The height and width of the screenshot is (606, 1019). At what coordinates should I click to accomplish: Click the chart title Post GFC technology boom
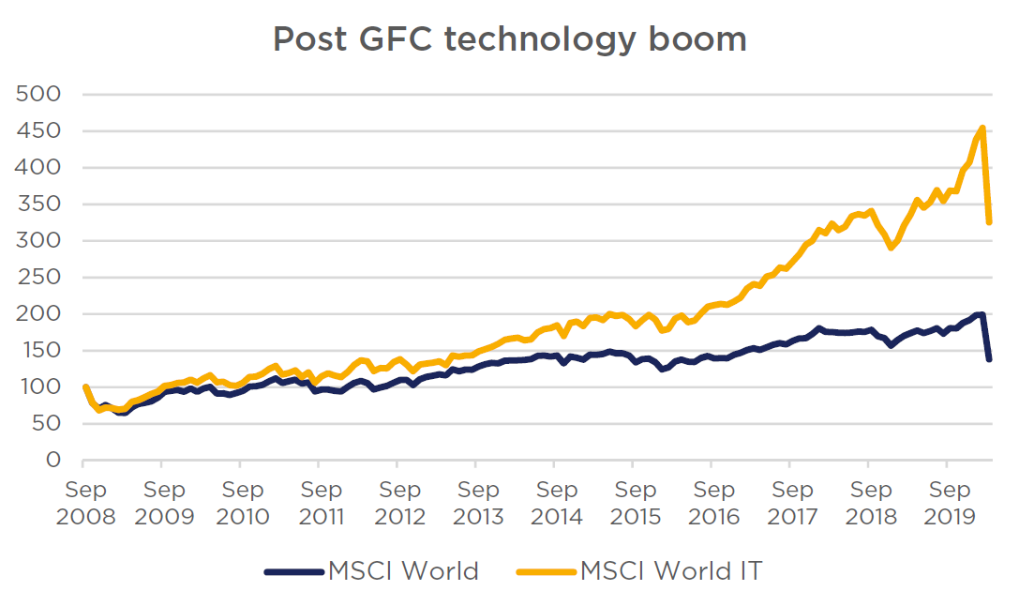click(x=509, y=39)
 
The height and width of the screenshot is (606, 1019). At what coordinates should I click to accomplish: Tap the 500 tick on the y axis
click(x=38, y=95)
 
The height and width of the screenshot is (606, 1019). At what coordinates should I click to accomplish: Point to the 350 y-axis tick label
click(x=38, y=205)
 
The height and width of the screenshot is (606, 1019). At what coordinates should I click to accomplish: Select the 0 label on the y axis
click(x=53, y=461)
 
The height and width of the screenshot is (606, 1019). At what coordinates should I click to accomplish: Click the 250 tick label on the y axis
click(x=38, y=278)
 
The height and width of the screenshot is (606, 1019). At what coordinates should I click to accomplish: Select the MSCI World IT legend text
click(x=671, y=570)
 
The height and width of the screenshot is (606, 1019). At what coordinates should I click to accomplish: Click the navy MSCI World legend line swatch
click(x=292, y=570)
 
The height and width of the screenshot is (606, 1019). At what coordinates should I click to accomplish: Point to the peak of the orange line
click(x=982, y=128)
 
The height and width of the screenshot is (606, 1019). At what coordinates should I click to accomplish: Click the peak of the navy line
click(x=982, y=313)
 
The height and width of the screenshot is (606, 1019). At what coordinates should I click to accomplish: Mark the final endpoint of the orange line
click(x=989, y=222)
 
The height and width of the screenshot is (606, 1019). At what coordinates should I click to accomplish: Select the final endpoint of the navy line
click(x=989, y=358)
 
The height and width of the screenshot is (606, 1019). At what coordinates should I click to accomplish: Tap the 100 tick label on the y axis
click(x=38, y=387)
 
